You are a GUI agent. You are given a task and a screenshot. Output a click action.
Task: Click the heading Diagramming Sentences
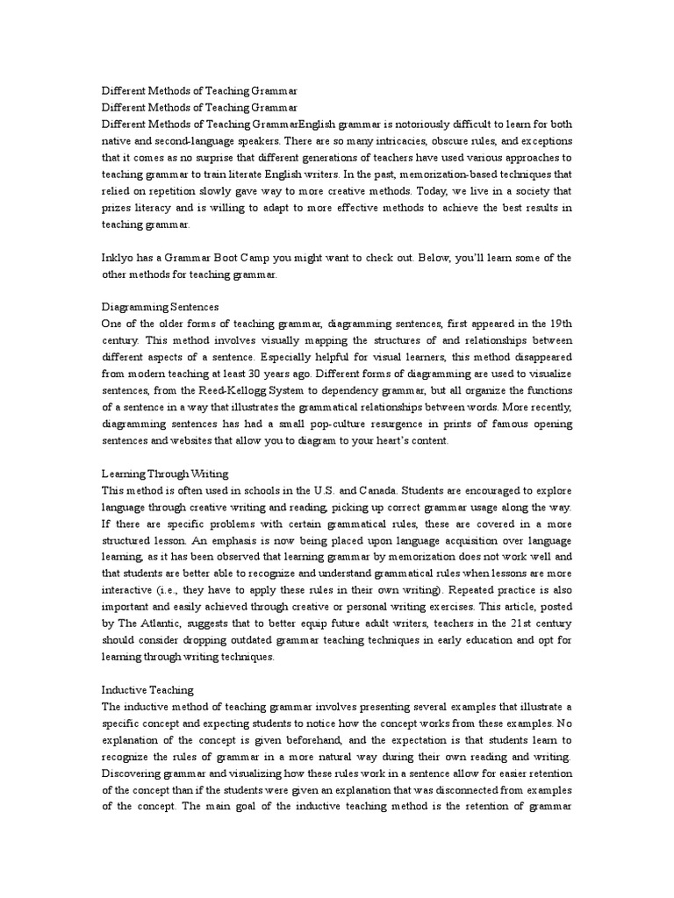[160, 308]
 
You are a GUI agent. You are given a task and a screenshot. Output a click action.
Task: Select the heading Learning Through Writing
[166, 474]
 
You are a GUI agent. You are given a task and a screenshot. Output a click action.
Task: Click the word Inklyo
[118, 258]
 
